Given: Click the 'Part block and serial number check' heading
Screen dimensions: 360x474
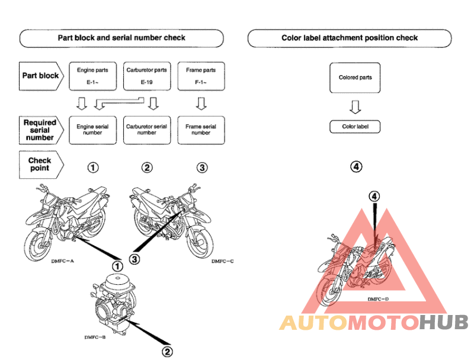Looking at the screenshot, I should tap(121, 38).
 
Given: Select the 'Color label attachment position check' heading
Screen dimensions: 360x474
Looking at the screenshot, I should tap(350, 38).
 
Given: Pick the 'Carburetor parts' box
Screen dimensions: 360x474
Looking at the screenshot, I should tap(147, 75).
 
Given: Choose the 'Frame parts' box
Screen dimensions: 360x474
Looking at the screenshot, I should tap(201, 75).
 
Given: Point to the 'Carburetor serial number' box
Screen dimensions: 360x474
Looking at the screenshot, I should tap(147, 130).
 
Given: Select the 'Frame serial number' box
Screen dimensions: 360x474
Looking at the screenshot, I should tap(201, 130).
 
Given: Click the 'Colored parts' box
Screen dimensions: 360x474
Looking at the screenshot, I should tap(355, 78).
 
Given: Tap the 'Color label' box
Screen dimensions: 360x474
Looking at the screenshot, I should tap(355, 127).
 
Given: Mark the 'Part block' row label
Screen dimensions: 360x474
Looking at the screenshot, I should tap(41, 76).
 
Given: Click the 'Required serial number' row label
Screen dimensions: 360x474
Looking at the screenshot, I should tap(40, 130).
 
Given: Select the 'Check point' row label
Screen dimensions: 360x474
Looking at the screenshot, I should tap(40, 164).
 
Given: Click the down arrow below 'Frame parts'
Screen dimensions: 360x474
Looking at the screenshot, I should tap(201, 104).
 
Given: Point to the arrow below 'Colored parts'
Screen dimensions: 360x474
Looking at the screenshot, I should tap(355, 107).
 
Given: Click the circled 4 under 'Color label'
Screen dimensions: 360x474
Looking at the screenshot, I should tap(355, 167).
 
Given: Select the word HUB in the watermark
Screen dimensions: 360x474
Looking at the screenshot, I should tap(444, 323).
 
